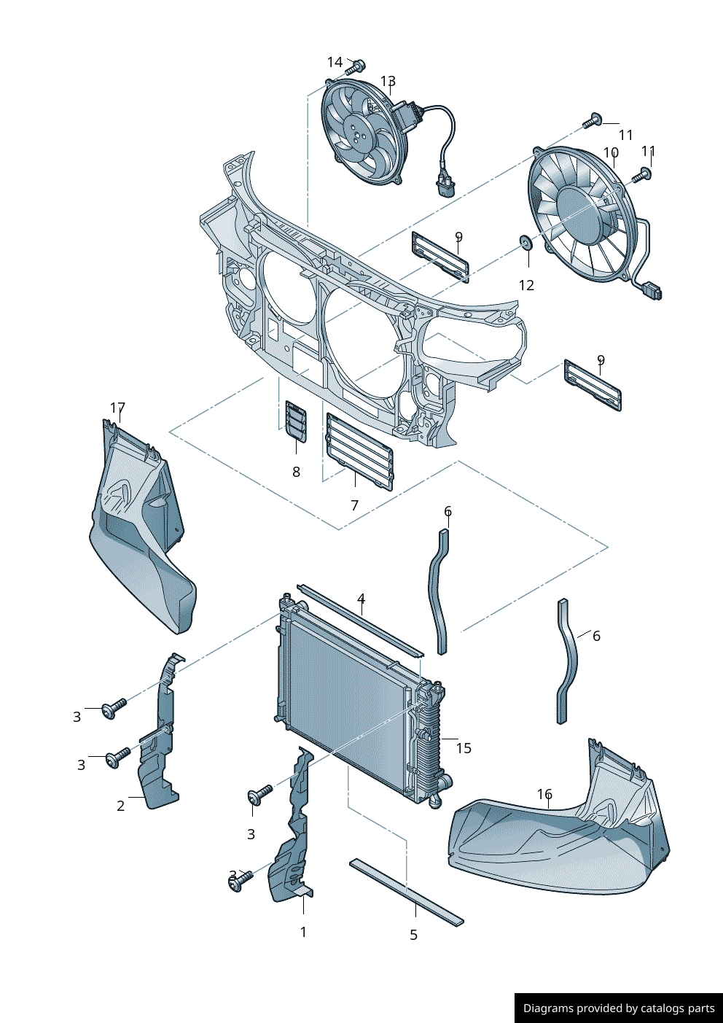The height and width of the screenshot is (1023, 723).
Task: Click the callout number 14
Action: pyautogui.click(x=335, y=63)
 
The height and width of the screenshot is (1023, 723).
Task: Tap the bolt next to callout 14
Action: pyautogui.click(x=355, y=68)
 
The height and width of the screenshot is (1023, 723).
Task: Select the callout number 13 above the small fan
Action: pyautogui.click(x=388, y=81)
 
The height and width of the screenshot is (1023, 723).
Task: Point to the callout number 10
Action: pyautogui.click(x=611, y=153)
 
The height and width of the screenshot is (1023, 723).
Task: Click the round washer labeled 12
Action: pyautogui.click(x=525, y=241)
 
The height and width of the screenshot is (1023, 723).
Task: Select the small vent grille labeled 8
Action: pyautogui.click(x=296, y=421)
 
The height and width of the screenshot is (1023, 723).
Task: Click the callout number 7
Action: pyautogui.click(x=354, y=505)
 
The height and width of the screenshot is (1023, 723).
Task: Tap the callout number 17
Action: pyautogui.click(x=117, y=408)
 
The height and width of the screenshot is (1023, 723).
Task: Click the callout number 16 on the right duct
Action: pyautogui.click(x=544, y=794)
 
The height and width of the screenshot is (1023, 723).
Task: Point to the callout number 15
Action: pyautogui.click(x=464, y=748)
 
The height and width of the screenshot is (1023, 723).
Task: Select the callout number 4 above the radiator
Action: pyautogui.click(x=361, y=599)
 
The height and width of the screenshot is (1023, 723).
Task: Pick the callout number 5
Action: pyautogui.click(x=413, y=935)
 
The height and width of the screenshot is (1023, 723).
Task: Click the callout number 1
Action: pyautogui.click(x=303, y=932)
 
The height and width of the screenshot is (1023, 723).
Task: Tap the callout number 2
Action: pyautogui.click(x=121, y=806)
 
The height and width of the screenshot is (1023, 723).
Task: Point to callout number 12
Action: pyautogui.click(x=526, y=285)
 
